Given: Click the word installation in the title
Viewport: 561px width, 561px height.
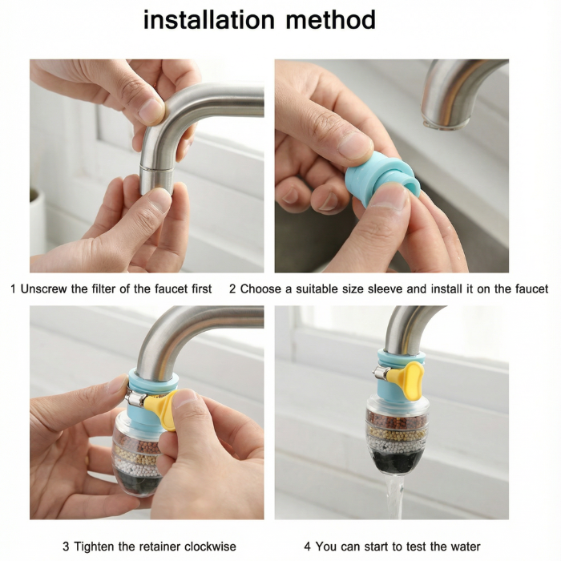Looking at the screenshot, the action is pyautogui.click(x=209, y=20).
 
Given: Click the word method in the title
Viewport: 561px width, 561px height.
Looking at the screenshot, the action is pyautogui.click(x=330, y=20).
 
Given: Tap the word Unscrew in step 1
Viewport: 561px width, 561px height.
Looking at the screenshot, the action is pyautogui.click(x=44, y=289).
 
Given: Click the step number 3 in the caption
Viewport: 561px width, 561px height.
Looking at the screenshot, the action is pyautogui.click(x=66, y=547).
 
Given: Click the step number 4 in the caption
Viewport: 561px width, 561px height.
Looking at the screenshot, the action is pyautogui.click(x=307, y=547).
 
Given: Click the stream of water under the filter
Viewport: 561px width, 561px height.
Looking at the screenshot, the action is pyautogui.click(x=394, y=498).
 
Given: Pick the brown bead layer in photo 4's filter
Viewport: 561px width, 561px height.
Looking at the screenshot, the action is pyautogui.click(x=398, y=419).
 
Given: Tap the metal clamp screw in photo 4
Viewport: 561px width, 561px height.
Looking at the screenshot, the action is pyautogui.click(x=380, y=374).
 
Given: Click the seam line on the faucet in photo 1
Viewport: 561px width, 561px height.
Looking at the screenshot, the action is pyautogui.click(x=157, y=168).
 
